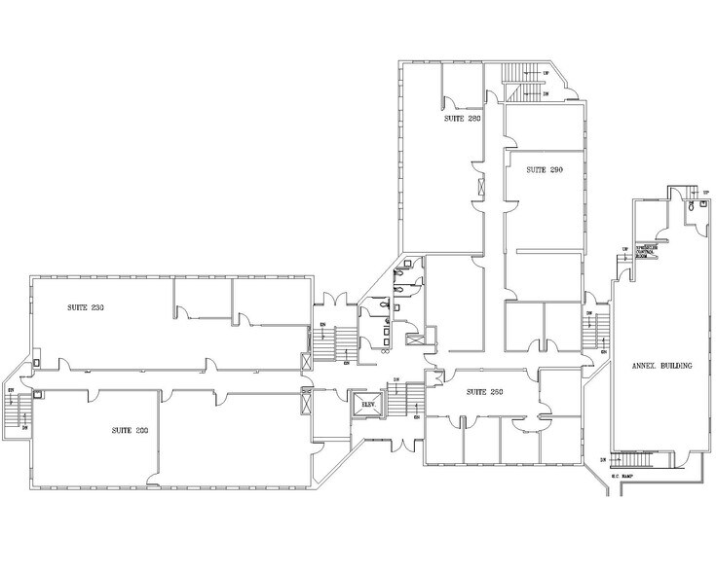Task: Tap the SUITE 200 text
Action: (x=131, y=429)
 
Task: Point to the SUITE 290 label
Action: (x=545, y=169)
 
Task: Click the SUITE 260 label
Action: (x=484, y=391)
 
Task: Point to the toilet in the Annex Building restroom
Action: (x=690, y=207)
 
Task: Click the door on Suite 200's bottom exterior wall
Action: (x=153, y=480)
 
